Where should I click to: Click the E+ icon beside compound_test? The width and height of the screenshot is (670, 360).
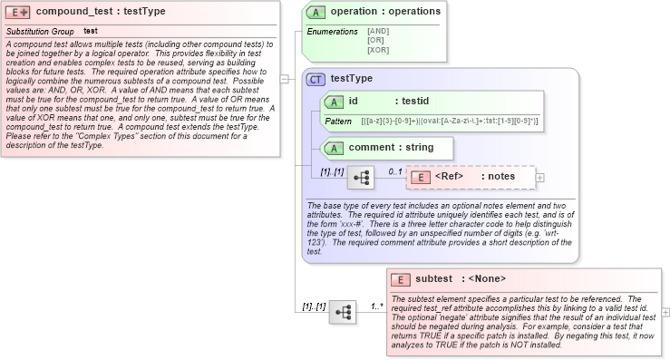tap(19, 12)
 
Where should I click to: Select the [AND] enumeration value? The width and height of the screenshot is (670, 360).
tap(377, 31)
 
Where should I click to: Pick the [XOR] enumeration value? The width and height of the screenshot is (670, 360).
tap(377, 49)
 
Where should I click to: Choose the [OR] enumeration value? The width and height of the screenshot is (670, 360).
tap(375, 40)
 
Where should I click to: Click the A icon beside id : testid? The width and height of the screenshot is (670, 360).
tap(333, 102)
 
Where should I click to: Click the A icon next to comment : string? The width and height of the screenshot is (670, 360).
tap(333, 147)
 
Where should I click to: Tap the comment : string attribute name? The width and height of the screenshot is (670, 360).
tap(391, 147)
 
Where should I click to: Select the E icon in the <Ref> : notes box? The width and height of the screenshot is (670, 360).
tap(421, 177)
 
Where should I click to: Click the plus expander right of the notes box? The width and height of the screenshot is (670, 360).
tap(540, 178)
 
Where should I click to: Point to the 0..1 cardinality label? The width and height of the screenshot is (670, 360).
tap(396, 170)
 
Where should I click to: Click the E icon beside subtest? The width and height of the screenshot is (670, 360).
tap(401, 278)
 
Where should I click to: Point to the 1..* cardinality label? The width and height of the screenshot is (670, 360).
tap(377, 306)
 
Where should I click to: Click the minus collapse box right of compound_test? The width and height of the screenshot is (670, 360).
tap(285, 78)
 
